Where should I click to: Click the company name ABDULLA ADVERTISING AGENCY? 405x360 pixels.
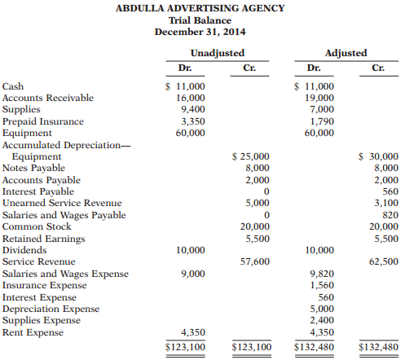pyautogui.click(x=202, y=8)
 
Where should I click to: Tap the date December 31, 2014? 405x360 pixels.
pyautogui.click(x=202, y=32)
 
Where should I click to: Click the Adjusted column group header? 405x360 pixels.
pyautogui.click(x=346, y=52)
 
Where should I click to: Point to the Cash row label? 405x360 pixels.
pyautogui.click(x=13, y=86)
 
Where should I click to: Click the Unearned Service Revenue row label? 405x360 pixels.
pyautogui.click(x=62, y=203)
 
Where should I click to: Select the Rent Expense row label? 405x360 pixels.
pyautogui.click(x=32, y=332)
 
